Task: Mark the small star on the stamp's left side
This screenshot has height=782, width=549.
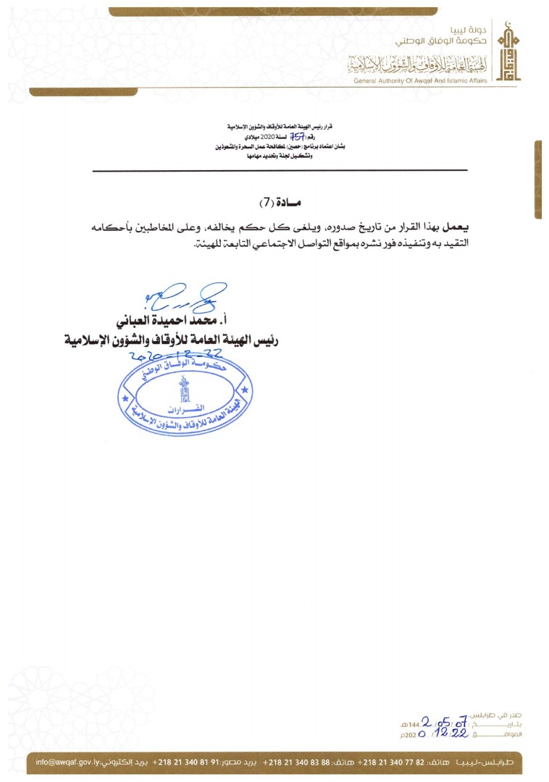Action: click(x=125, y=399)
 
